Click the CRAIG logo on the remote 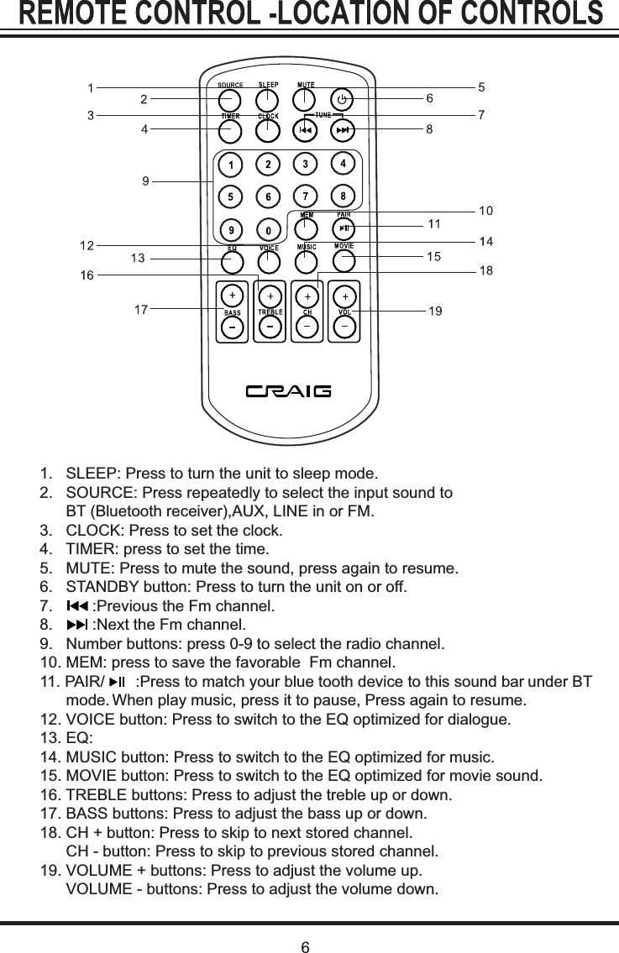(289, 391)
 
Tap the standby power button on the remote (341, 100)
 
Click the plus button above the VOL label (345, 296)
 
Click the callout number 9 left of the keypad (145, 181)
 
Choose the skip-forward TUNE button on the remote (343, 131)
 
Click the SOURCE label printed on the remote (230, 85)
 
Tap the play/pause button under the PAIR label (344, 229)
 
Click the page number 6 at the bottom (307, 948)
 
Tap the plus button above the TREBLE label (270, 296)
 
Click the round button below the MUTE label (306, 100)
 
